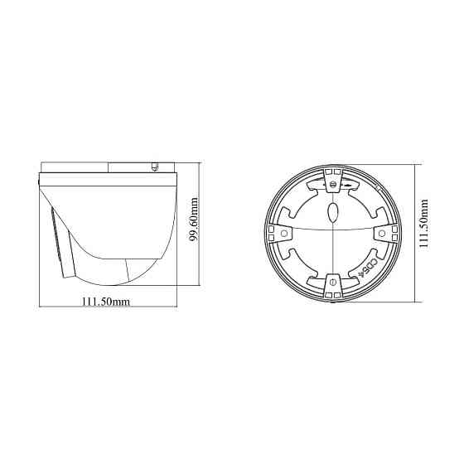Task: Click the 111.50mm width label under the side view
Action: (x=107, y=302)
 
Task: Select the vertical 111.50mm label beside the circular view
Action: (x=423, y=223)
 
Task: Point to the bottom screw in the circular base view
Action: (x=331, y=283)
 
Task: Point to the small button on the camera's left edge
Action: (x=39, y=177)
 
